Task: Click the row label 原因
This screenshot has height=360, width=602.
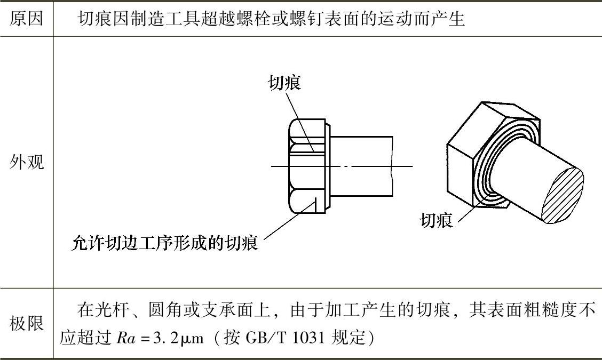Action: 26,18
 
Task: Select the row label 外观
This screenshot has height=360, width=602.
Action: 27,162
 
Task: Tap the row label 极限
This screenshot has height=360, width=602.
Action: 27,323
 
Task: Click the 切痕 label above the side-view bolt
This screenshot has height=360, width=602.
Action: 284,83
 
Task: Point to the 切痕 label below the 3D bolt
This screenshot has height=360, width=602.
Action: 436,220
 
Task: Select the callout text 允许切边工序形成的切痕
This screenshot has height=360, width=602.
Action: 165,243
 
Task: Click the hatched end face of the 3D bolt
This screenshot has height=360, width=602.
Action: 563,196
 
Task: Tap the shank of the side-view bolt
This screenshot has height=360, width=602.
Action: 361,166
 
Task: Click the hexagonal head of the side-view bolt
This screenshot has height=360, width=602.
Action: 307,166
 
